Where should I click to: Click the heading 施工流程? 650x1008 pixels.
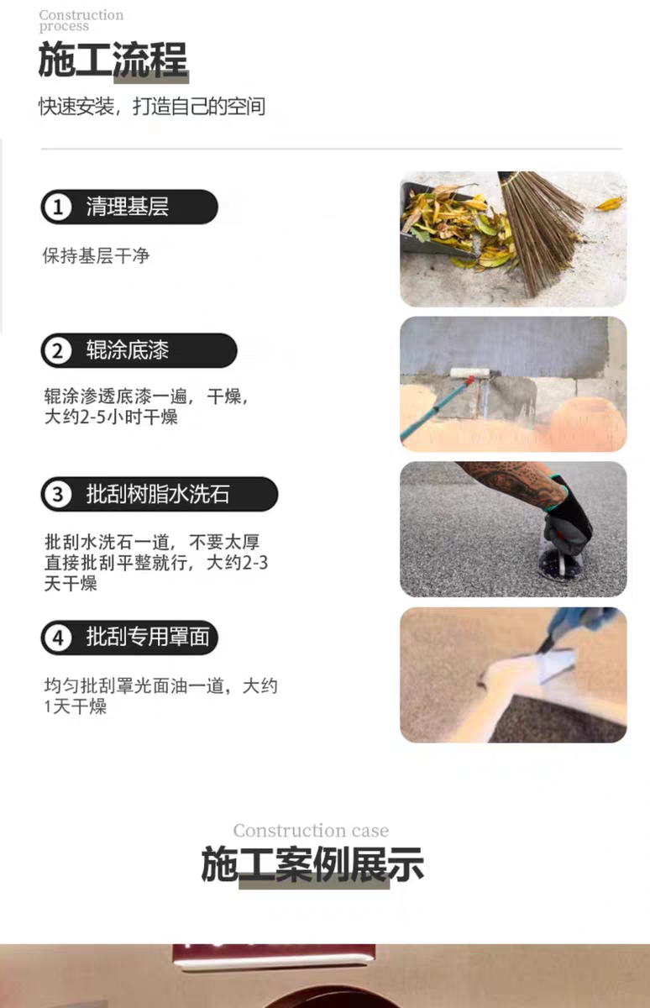pos(113,60)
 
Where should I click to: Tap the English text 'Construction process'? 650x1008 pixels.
pos(81,20)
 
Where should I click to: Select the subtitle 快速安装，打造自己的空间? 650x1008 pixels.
pos(152,106)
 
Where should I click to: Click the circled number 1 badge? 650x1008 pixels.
pos(58,207)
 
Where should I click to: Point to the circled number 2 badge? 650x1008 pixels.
pos(58,350)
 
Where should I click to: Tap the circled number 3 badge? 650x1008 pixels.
pos(58,494)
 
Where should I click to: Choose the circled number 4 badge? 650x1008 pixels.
pos(58,638)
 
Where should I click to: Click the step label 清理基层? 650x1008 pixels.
pos(128,207)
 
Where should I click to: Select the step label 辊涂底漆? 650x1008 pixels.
pos(128,350)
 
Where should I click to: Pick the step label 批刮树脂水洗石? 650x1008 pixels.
pos(158,494)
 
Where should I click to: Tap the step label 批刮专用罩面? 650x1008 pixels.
pos(148,638)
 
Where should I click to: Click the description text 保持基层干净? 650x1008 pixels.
pos(96,255)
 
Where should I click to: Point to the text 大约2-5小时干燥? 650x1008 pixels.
pos(111,417)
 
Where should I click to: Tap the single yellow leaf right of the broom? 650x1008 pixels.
pos(611,203)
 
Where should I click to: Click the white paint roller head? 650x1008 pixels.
pos(469,372)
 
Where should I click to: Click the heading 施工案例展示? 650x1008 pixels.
pos(312,864)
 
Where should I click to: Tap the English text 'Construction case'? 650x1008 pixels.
pos(311,830)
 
